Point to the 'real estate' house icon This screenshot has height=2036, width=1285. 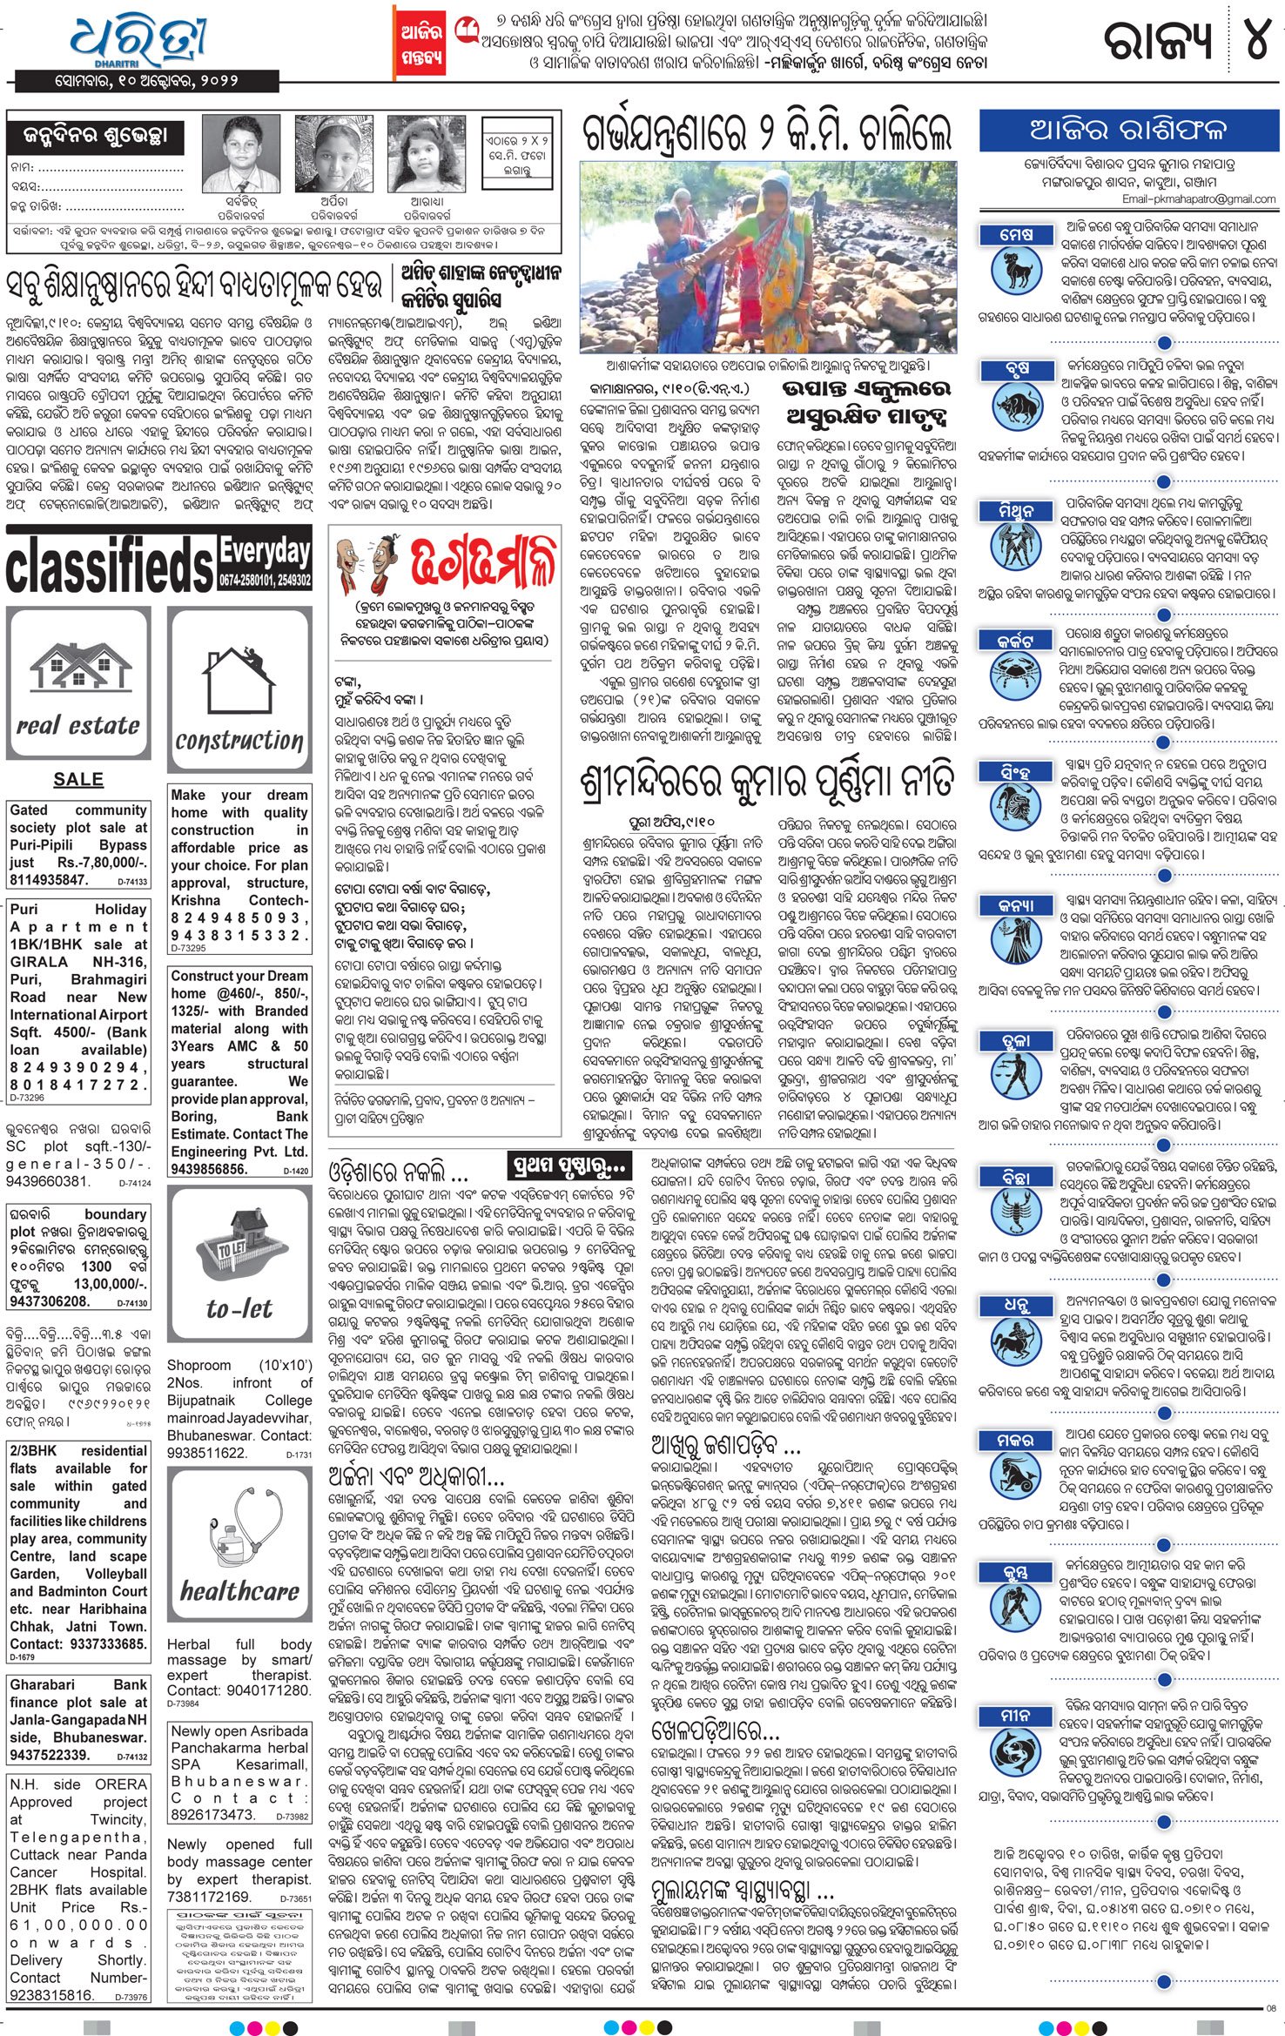point(78,682)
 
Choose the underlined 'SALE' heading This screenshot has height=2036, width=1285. point(78,780)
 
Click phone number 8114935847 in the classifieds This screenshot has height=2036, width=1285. point(50,880)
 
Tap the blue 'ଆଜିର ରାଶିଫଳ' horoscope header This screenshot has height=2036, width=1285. point(1127,130)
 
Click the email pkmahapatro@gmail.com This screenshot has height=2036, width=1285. point(1199,199)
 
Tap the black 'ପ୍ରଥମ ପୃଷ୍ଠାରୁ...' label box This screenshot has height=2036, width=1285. point(568,1165)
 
